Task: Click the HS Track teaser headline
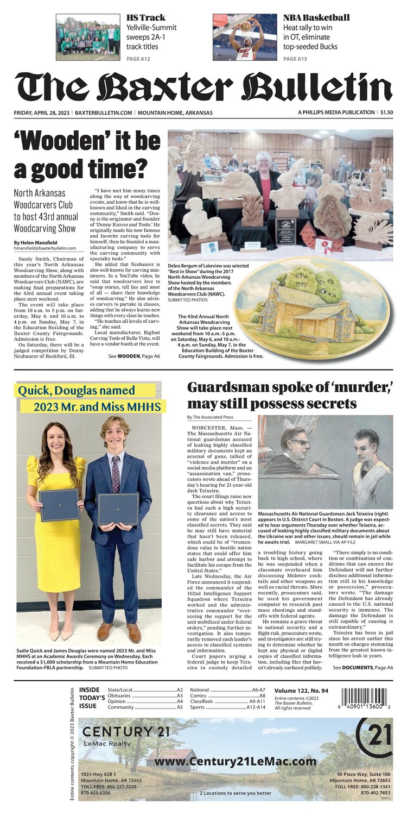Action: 146,17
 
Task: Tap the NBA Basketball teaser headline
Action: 316,17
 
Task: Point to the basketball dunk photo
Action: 245,36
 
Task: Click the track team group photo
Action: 88,37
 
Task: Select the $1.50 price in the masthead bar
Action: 386,112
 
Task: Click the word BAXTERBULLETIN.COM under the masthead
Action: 104,112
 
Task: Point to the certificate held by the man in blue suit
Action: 118,508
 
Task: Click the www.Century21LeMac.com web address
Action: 235,761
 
